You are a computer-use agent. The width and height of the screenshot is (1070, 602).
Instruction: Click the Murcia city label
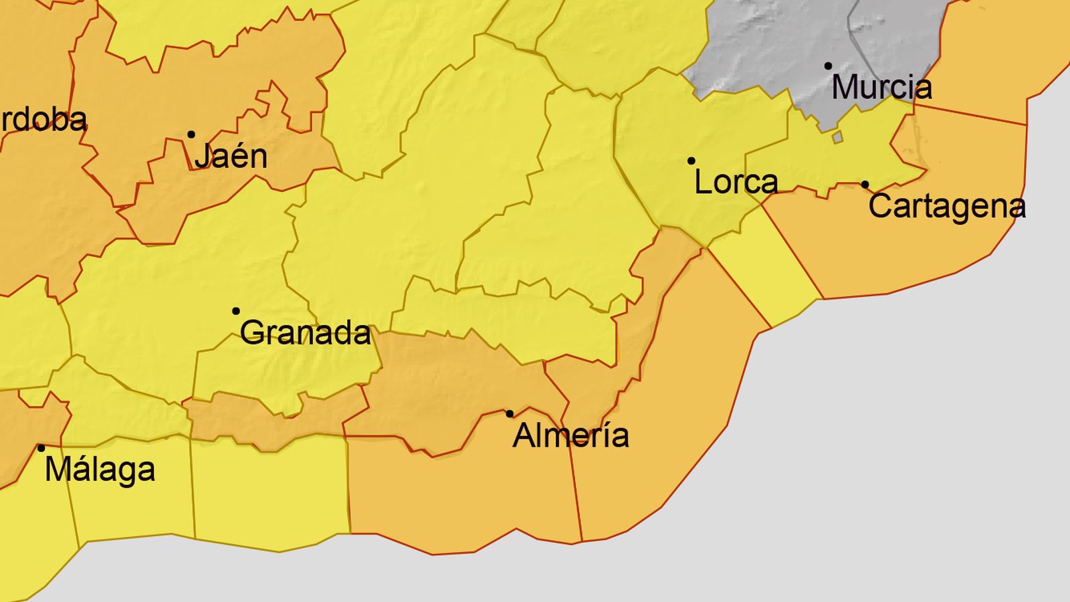tap(881, 88)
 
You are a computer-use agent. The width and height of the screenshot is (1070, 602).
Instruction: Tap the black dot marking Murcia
tap(828, 66)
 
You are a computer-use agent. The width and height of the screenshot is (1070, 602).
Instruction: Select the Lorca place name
tap(736, 182)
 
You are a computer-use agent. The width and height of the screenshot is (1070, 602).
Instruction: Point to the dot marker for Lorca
tap(691, 161)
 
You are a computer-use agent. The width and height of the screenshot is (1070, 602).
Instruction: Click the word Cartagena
tap(946, 206)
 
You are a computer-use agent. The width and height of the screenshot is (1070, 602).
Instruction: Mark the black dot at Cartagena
tap(865, 184)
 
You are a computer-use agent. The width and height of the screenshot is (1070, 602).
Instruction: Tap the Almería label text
tap(570, 436)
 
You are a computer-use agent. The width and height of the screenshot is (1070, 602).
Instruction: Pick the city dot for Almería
tap(510, 414)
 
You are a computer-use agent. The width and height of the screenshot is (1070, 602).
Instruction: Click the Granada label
tap(305, 333)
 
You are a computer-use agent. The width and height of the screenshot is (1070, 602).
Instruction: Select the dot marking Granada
tap(235, 311)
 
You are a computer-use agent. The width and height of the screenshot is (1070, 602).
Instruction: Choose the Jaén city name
tap(231, 157)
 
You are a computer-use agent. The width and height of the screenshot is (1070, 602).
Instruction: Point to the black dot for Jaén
tap(191, 134)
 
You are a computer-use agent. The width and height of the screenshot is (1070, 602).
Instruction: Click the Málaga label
tap(100, 470)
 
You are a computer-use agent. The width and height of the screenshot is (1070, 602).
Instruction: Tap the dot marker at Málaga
tap(41, 448)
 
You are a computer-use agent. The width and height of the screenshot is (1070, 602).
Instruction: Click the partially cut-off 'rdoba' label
tap(43, 120)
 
